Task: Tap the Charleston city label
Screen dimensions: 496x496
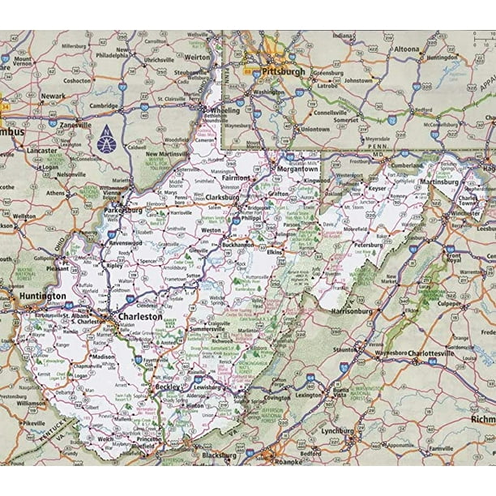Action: [139, 317]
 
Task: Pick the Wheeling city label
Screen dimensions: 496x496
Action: [224, 109]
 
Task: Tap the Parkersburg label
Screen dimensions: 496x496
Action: [123, 210]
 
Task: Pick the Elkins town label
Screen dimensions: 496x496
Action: [274, 252]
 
